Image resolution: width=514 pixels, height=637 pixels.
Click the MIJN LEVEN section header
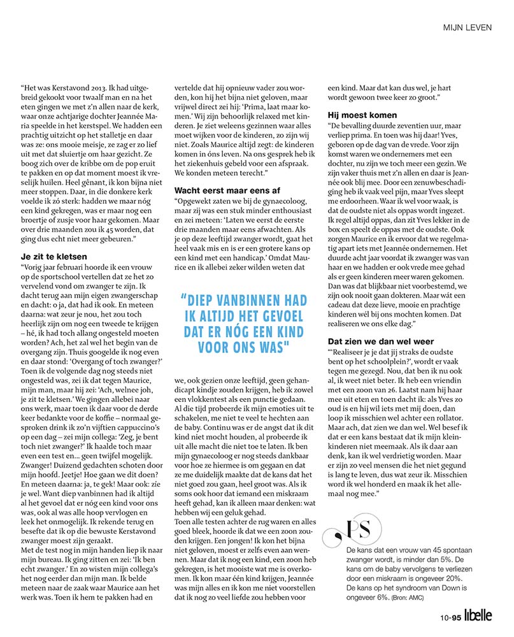pos(469,27)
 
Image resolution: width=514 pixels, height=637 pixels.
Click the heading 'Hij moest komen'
pos(361,115)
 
